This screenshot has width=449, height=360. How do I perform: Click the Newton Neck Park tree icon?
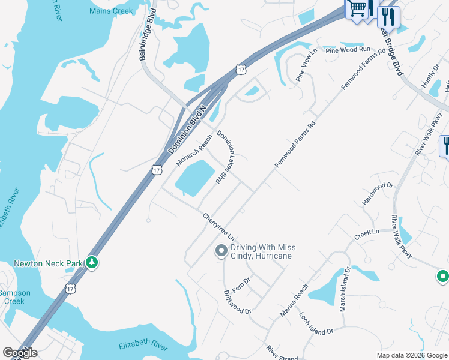(x=91, y=262)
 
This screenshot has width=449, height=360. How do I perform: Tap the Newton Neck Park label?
(x=48, y=263)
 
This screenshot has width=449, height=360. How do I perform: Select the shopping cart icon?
(x=357, y=9)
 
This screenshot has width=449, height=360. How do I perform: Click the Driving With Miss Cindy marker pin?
(x=221, y=251)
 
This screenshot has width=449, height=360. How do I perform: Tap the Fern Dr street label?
(x=241, y=284)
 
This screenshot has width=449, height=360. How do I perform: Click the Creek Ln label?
(x=366, y=232)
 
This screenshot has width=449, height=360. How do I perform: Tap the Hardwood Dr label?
(x=377, y=194)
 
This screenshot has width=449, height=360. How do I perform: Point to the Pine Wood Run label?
(x=348, y=50)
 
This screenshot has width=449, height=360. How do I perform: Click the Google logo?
(x=20, y=353)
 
